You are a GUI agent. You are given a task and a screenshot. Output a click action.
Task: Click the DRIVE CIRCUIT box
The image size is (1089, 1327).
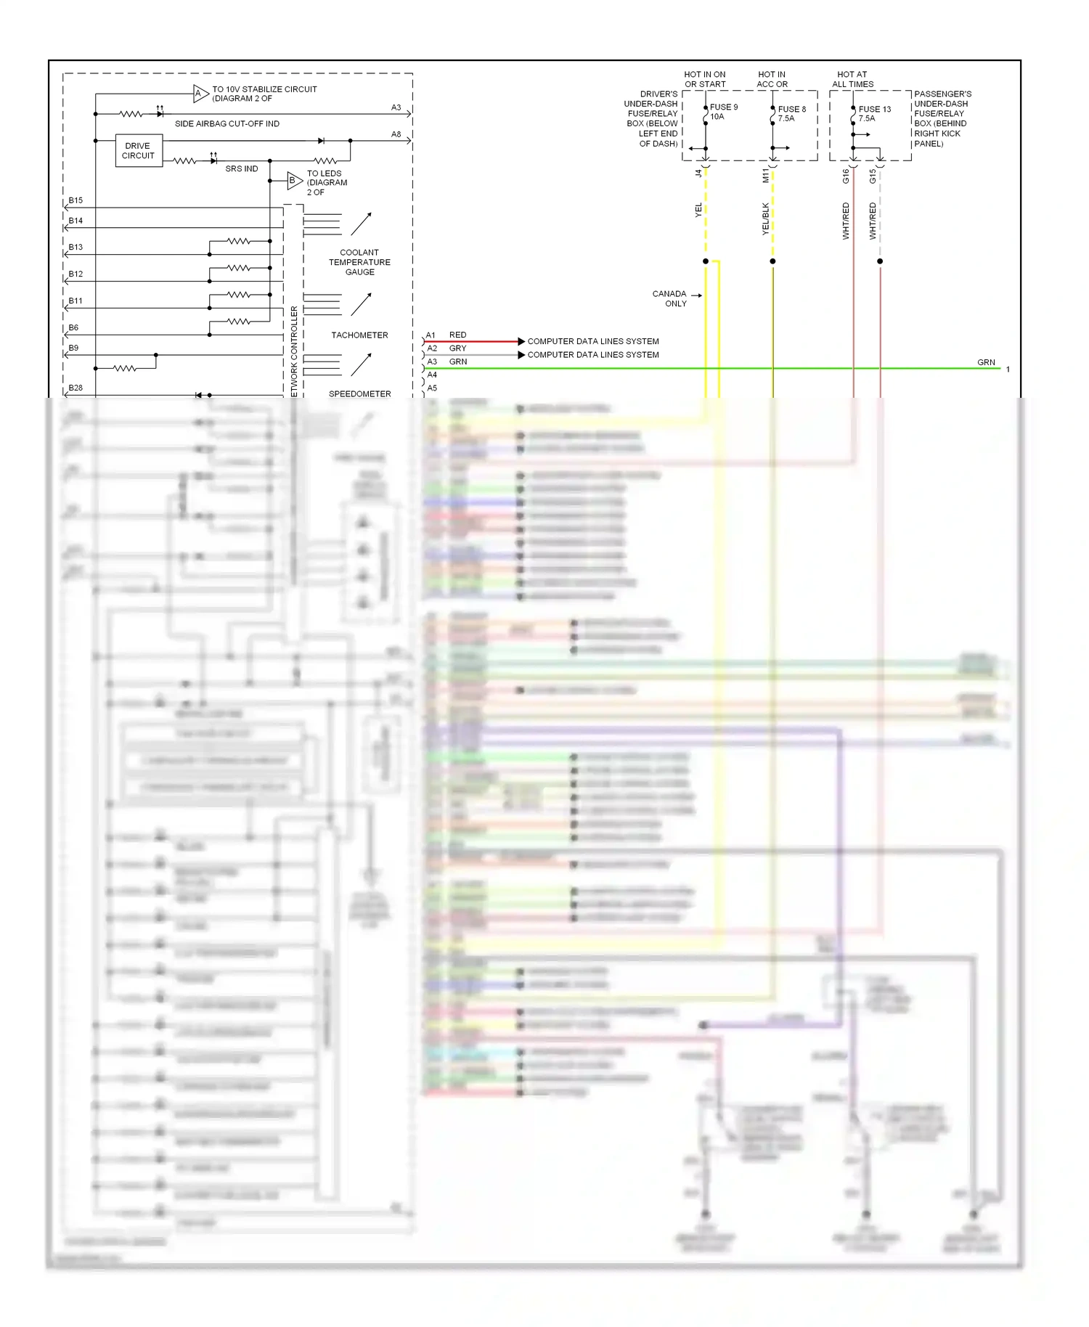coord(138,150)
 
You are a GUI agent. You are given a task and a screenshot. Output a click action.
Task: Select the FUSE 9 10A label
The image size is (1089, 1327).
coord(723,112)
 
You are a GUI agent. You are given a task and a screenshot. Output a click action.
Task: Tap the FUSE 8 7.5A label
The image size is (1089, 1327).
coord(791,114)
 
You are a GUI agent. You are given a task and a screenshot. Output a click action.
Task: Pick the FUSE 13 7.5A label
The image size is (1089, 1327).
coord(873,114)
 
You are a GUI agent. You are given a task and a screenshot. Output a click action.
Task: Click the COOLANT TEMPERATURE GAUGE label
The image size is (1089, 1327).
coord(359,262)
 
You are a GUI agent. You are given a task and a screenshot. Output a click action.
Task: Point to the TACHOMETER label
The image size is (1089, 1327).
coord(359,335)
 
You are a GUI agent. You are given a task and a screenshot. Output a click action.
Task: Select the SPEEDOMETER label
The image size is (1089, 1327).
coord(359,393)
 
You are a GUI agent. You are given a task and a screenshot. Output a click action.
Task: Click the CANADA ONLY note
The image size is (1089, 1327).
coord(669,298)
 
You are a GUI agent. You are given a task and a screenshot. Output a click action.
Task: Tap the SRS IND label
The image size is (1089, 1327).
coord(241,168)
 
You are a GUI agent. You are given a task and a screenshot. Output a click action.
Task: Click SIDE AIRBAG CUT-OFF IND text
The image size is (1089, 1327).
coord(227,124)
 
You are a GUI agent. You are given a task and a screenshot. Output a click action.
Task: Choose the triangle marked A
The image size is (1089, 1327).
coord(200,93)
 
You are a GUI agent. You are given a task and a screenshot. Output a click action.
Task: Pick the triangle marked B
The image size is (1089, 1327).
coord(293,180)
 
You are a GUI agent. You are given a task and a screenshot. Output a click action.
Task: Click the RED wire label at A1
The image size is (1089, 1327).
coord(457,335)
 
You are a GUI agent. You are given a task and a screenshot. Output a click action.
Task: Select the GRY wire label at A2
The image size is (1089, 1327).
coord(457,348)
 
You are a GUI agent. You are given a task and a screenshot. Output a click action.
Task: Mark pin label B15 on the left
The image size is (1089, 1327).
coord(76,200)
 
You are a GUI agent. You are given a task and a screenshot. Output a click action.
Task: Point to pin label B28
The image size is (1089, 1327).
coord(76,388)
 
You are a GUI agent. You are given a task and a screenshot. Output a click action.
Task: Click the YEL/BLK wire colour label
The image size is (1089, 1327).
coord(765,219)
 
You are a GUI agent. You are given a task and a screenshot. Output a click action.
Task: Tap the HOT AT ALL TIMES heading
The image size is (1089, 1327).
coord(852,79)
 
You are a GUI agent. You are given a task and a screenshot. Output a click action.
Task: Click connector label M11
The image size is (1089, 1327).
coord(765,175)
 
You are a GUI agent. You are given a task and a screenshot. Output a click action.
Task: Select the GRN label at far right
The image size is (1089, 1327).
coord(985,362)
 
